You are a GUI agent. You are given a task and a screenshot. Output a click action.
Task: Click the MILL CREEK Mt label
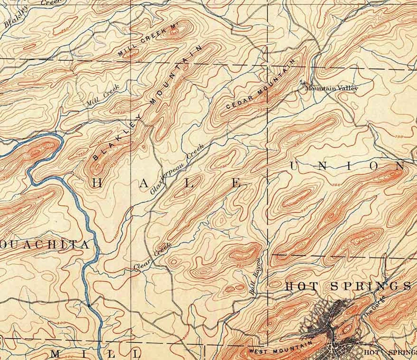pyautogui.click(x=148, y=41)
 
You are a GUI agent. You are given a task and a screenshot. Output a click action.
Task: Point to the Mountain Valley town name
pyautogui.click(x=331, y=88)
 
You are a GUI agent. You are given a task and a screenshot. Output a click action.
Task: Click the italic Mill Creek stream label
pyautogui.click(x=103, y=96)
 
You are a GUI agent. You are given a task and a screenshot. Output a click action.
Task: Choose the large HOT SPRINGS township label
pyautogui.click(x=347, y=286)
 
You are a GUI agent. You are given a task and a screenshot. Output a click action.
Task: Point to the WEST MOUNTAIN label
pyautogui.click(x=281, y=347)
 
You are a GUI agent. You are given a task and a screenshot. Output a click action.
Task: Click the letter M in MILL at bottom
pyautogui.click(x=57, y=354)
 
